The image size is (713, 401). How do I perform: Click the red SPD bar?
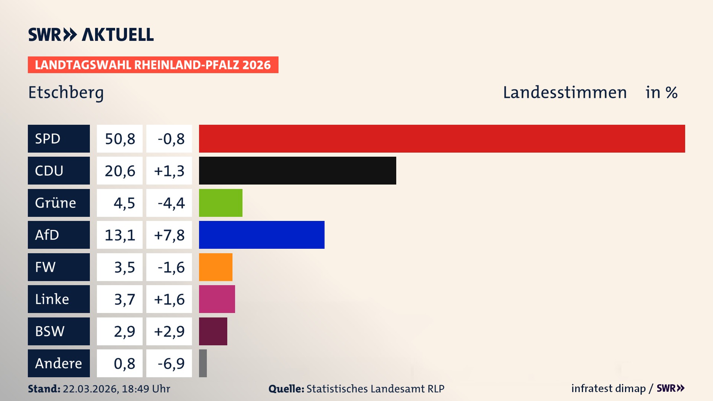pos(442,138)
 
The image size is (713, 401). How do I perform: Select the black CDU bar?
pos(297,170)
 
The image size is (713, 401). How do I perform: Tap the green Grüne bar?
pos(221,203)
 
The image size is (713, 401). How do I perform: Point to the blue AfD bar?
pos(261,235)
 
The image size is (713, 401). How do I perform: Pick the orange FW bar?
pos(215,267)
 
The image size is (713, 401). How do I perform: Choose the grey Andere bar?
pos(203,363)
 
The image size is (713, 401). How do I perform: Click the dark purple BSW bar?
pos(213,331)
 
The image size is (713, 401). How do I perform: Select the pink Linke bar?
pos(217,299)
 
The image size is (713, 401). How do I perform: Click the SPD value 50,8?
pos(120,139)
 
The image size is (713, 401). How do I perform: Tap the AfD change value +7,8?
pos(169,235)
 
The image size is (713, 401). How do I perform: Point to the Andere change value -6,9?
pos(170,363)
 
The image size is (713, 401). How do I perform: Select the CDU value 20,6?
pos(120,171)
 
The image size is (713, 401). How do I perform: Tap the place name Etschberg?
pos(66,92)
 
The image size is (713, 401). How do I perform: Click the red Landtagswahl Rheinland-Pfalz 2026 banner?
pos(153,65)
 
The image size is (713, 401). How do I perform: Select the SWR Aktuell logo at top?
pos(91,35)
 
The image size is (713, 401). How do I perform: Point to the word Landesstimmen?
pos(564,92)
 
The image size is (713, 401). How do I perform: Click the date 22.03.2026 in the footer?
pos(90,389)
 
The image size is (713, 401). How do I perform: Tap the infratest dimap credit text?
pos(608,388)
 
